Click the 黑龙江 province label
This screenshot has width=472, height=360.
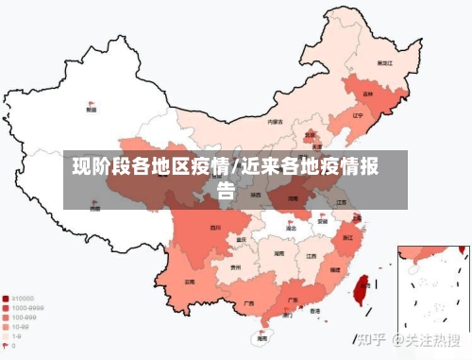(385, 62)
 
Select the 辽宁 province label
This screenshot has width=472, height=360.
(357, 116)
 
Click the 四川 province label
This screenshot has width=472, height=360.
(215, 228)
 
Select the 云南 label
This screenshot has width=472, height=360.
(190, 282)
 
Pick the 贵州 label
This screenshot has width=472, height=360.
(235, 267)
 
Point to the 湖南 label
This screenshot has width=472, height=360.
(278, 254)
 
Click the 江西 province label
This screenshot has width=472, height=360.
(311, 255)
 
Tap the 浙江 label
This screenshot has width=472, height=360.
(348, 237)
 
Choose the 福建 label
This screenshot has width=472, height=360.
(334, 270)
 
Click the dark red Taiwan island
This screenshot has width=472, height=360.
(359, 283)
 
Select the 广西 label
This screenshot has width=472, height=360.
(249, 303)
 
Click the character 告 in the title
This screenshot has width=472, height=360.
(227, 190)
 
